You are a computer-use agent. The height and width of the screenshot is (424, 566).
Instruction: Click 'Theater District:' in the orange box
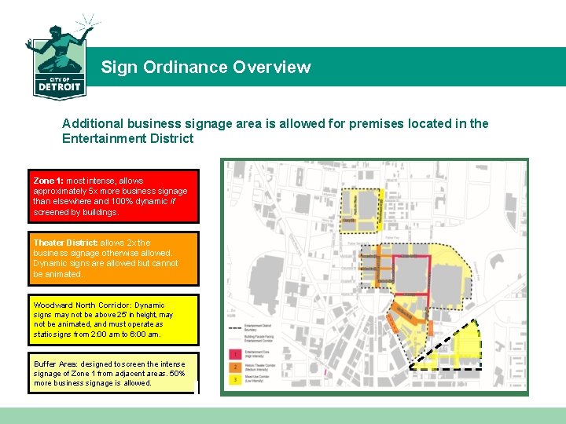[x=64, y=243]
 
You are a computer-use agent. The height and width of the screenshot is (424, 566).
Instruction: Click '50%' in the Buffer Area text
[x=177, y=374]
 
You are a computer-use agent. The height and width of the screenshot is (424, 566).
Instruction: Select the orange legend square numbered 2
[x=234, y=367]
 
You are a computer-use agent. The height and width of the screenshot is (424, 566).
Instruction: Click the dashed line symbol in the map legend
[x=234, y=327]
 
